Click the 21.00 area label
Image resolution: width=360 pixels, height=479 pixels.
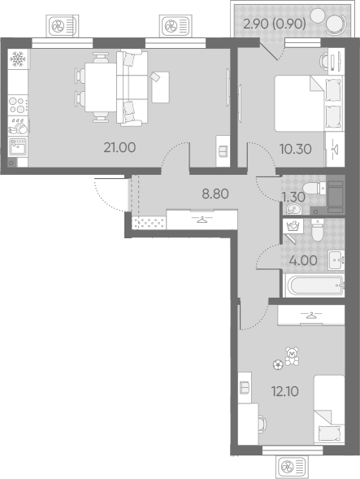(119, 147)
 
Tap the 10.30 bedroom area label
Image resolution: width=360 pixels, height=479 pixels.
(296, 149)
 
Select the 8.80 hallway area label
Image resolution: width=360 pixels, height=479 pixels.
(215, 194)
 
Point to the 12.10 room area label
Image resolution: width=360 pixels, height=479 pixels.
(285, 391)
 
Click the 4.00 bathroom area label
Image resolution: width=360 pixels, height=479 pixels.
(303, 260)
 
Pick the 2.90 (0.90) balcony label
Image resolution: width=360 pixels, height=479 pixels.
(275, 24)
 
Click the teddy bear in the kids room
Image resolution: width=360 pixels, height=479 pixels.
(292, 356)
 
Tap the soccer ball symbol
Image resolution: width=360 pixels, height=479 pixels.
(278, 365)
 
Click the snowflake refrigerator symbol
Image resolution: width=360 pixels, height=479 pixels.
(18, 59)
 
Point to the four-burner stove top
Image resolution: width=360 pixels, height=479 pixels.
(18, 105)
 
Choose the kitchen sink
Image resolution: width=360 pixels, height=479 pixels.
(18, 146)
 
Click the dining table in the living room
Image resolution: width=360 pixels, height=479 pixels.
(101, 87)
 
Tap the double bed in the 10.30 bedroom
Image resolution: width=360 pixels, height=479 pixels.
(308, 103)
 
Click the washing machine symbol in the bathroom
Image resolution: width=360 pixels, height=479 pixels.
(293, 226)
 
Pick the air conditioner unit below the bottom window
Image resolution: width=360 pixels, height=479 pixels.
(291, 467)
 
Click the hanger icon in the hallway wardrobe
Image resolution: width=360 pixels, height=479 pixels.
(202, 219)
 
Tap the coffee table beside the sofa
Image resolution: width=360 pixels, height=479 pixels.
(160, 87)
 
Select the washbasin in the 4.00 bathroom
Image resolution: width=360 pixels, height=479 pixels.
(336, 260)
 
